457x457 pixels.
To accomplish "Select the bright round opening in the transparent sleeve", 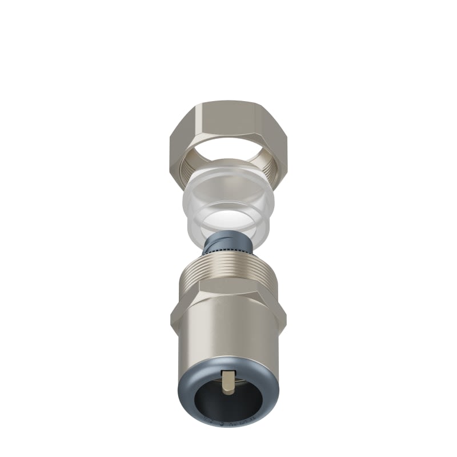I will coord(228,219).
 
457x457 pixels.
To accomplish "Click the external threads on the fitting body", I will coord(228,273).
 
